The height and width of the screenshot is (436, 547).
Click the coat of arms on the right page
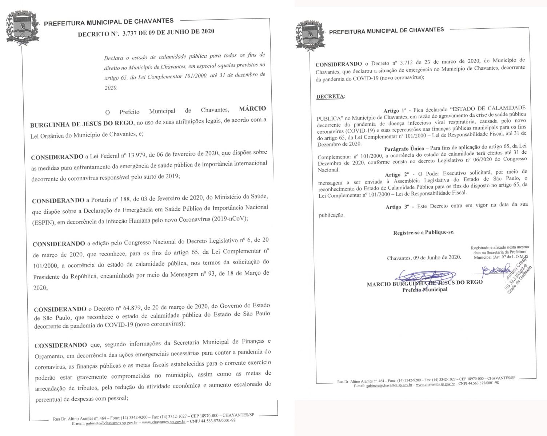(x=309, y=34)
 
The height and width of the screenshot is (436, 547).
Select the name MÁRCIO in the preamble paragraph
(x=252, y=109)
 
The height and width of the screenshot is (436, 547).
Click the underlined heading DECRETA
(x=330, y=97)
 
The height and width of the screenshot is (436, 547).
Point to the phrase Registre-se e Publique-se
(x=423, y=232)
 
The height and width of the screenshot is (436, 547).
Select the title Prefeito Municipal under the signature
(x=424, y=290)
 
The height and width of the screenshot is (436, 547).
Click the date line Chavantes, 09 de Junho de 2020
(x=424, y=258)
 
